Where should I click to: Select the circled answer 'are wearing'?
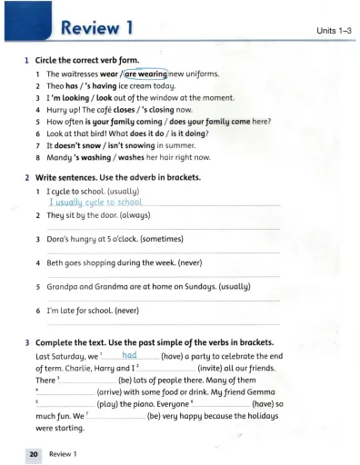140,73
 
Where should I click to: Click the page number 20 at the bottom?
29,451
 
